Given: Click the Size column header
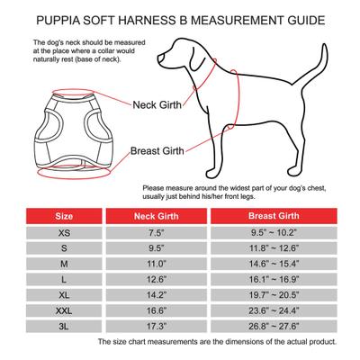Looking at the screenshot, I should pyautogui.click(x=66, y=217).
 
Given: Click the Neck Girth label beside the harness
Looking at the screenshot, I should pyautogui.click(x=159, y=105).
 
